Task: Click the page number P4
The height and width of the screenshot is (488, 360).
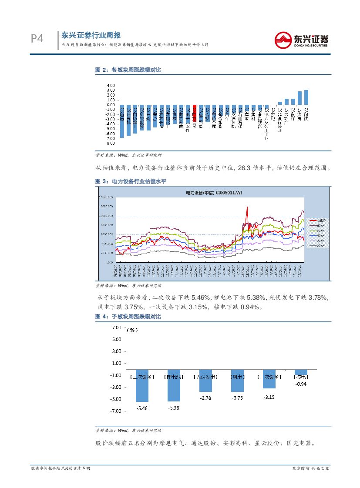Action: [x=37, y=39]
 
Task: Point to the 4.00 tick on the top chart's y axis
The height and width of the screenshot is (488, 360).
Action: [x=110, y=85]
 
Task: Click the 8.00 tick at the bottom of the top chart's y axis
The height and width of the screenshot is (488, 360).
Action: [x=110, y=143]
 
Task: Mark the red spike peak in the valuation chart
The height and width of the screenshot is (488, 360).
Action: [x=247, y=207]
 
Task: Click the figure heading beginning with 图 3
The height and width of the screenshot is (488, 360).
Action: [x=131, y=181]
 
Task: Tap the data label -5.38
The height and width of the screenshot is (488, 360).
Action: [x=173, y=408]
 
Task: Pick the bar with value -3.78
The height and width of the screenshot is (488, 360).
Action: [x=205, y=387]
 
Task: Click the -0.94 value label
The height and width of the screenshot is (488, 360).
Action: [x=301, y=384]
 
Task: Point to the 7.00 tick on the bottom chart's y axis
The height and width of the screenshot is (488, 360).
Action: [x=116, y=327]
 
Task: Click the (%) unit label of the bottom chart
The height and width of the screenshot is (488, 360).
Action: [x=131, y=330]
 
